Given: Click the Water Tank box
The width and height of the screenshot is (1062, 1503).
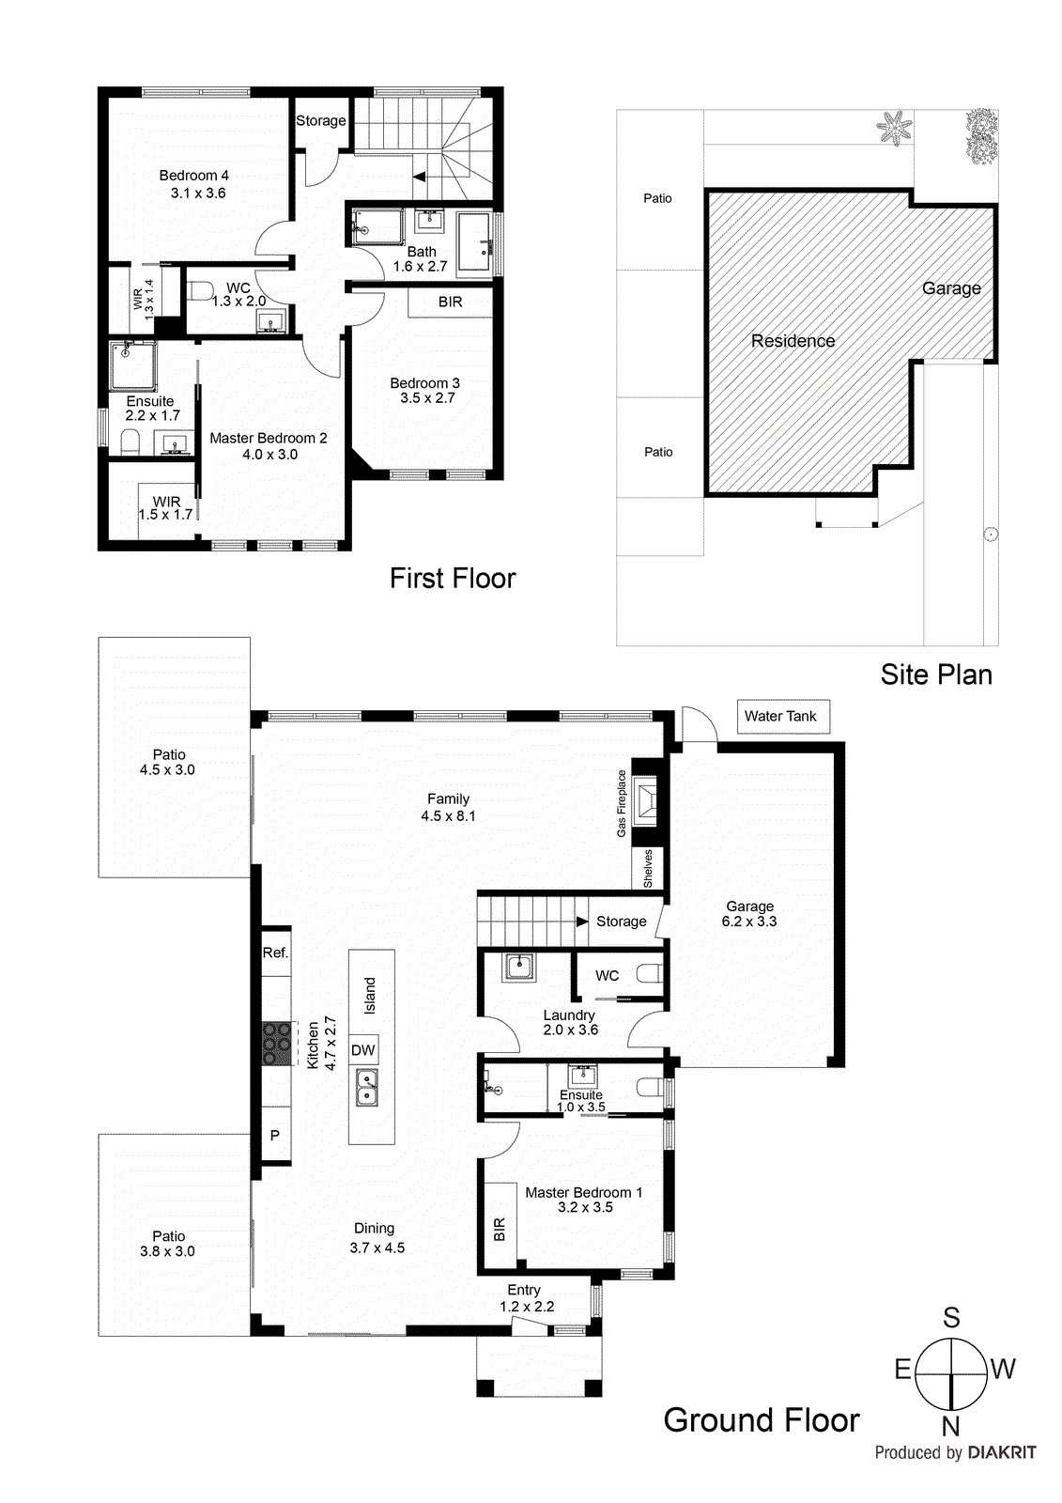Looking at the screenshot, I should (x=782, y=716).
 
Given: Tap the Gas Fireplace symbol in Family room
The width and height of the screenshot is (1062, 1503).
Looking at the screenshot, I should (x=646, y=802).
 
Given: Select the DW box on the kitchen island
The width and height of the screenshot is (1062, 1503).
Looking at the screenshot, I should (x=362, y=1050).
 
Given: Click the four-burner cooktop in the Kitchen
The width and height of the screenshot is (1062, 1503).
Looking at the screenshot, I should (x=276, y=1043).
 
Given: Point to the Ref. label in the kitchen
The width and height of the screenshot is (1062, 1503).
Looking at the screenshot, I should (x=275, y=953).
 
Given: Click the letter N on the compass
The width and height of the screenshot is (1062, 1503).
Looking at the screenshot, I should (x=950, y=1426).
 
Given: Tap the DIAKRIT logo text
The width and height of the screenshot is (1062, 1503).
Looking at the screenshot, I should (x=1001, y=1452).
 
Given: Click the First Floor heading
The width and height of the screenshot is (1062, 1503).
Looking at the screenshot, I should (x=453, y=578).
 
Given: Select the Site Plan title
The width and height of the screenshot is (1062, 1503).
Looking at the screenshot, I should (x=935, y=674).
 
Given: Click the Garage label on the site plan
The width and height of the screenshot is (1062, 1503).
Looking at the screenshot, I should (x=950, y=288).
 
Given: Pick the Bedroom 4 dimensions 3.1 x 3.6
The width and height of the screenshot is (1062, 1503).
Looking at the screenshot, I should (x=197, y=193).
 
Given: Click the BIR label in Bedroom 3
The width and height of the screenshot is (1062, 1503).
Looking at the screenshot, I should (x=450, y=302).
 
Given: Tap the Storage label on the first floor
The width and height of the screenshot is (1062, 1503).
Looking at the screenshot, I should (x=320, y=120).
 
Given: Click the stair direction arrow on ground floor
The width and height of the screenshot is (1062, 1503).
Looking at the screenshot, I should (x=581, y=922).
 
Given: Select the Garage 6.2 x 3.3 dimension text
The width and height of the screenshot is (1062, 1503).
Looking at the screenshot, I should (x=749, y=922).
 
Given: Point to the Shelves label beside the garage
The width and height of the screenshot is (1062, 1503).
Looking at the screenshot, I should (x=648, y=869).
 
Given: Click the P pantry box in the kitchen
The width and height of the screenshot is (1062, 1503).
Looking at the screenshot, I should (x=275, y=1136).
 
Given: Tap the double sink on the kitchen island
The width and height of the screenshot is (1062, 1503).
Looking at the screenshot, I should (x=366, y=1088).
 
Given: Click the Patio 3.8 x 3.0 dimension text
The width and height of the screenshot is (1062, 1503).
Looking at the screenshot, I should (x=167, y=1251).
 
